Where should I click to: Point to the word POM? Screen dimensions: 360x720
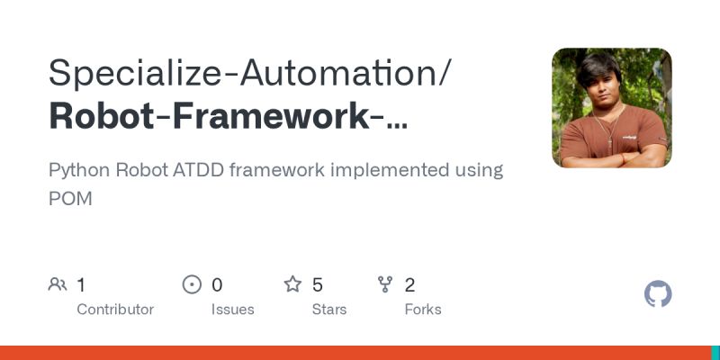click(x=70, y=198)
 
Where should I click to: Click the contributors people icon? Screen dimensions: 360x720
click(x=58, y=285)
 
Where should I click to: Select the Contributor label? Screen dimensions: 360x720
click(x=115, y=310)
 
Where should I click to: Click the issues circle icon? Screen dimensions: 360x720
click(x=192, y=285)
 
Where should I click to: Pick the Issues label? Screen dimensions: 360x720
click(x=232, y=310)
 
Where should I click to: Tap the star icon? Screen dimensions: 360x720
click(x=292, y=285)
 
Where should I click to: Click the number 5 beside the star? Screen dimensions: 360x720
click(x=318, y=285)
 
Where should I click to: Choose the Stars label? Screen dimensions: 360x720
click(x=328, y=310)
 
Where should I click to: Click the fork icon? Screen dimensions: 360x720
click(x=386, y=285)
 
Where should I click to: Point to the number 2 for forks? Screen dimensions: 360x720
click(x=409, y=285)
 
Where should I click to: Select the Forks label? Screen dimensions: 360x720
click(x=423, y=310)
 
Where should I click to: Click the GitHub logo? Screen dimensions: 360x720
click(x=659, y=294)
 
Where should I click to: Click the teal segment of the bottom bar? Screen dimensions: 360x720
click(x=715, y=353)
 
